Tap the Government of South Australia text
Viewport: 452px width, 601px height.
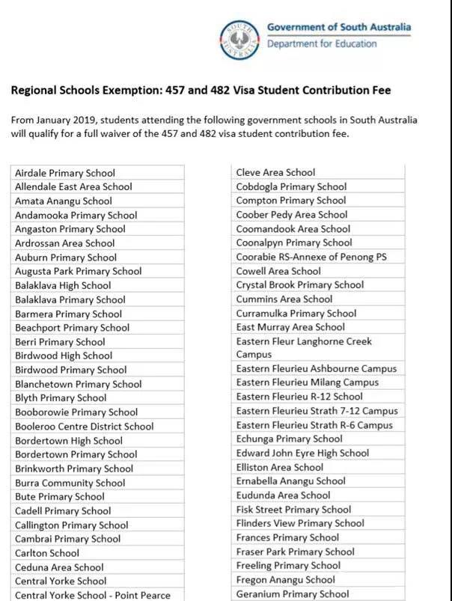(338, 28)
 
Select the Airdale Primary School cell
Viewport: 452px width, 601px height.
(65, 173)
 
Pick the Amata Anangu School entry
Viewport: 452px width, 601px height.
(64, 201)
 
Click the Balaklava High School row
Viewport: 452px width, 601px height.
(63, 285)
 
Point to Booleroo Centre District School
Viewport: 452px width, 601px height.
(85, 426)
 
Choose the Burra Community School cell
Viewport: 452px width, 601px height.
(70, 483)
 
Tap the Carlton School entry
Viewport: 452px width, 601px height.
(47, 553)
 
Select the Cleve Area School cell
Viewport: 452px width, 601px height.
(275, 172)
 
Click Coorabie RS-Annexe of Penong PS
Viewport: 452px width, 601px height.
(311, 257)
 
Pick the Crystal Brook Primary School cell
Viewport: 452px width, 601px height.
(300, 285)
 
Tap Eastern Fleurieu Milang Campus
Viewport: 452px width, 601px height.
(308, 382)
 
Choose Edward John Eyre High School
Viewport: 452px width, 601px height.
(302, 453)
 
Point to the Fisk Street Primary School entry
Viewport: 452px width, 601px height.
(293, 510)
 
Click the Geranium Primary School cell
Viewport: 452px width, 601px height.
(293, 594)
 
